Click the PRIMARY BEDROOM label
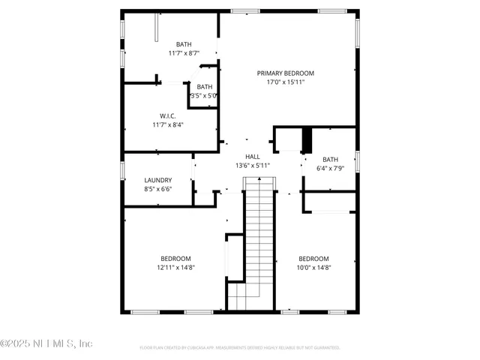285,73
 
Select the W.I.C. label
167,115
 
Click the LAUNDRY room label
158,180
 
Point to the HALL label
253,156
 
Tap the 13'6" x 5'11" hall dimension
253,165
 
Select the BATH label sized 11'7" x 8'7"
184,44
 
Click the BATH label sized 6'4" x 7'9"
331,159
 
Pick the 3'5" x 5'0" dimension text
204,96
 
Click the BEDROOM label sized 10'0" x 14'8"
313,258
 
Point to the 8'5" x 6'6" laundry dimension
158,190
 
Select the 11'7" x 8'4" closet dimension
167,124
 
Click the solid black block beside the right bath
306,140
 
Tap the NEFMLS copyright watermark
46,343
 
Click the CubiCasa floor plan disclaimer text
240,348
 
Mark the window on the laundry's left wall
123,169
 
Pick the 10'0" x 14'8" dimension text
313,267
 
